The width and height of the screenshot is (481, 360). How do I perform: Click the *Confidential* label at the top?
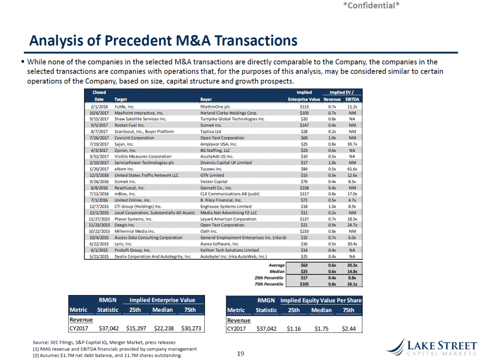(371, 5)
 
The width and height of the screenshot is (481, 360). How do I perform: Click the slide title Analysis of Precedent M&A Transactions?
(163, 41)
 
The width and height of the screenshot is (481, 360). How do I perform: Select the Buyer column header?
(206, 99)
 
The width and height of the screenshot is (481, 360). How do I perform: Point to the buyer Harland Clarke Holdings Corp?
(229, 113)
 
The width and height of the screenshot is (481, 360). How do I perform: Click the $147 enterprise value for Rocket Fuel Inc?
(304, 125)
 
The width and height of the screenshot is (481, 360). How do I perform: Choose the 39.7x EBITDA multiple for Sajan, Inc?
(352, 144)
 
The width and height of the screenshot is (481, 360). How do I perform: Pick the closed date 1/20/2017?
(99, 169)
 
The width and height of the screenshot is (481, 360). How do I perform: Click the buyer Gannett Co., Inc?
(216, 188)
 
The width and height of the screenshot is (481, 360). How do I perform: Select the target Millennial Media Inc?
(135, 232)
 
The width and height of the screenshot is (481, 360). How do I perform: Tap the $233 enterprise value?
(304, 232)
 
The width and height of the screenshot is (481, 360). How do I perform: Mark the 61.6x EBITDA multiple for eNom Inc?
(352, 169)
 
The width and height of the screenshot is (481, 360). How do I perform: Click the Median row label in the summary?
(277, 272)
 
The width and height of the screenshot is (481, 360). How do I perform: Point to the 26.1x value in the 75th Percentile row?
(352, 284)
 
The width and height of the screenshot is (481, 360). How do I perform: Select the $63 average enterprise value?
(304, 265)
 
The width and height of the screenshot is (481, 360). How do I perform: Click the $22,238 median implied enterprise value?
(164, 328)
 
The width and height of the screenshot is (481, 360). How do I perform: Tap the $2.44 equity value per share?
(349, 328)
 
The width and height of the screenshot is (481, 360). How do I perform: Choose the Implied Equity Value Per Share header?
(321, 300)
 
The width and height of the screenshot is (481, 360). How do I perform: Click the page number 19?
(240, 354)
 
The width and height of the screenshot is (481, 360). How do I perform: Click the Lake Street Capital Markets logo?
(432, 348)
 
